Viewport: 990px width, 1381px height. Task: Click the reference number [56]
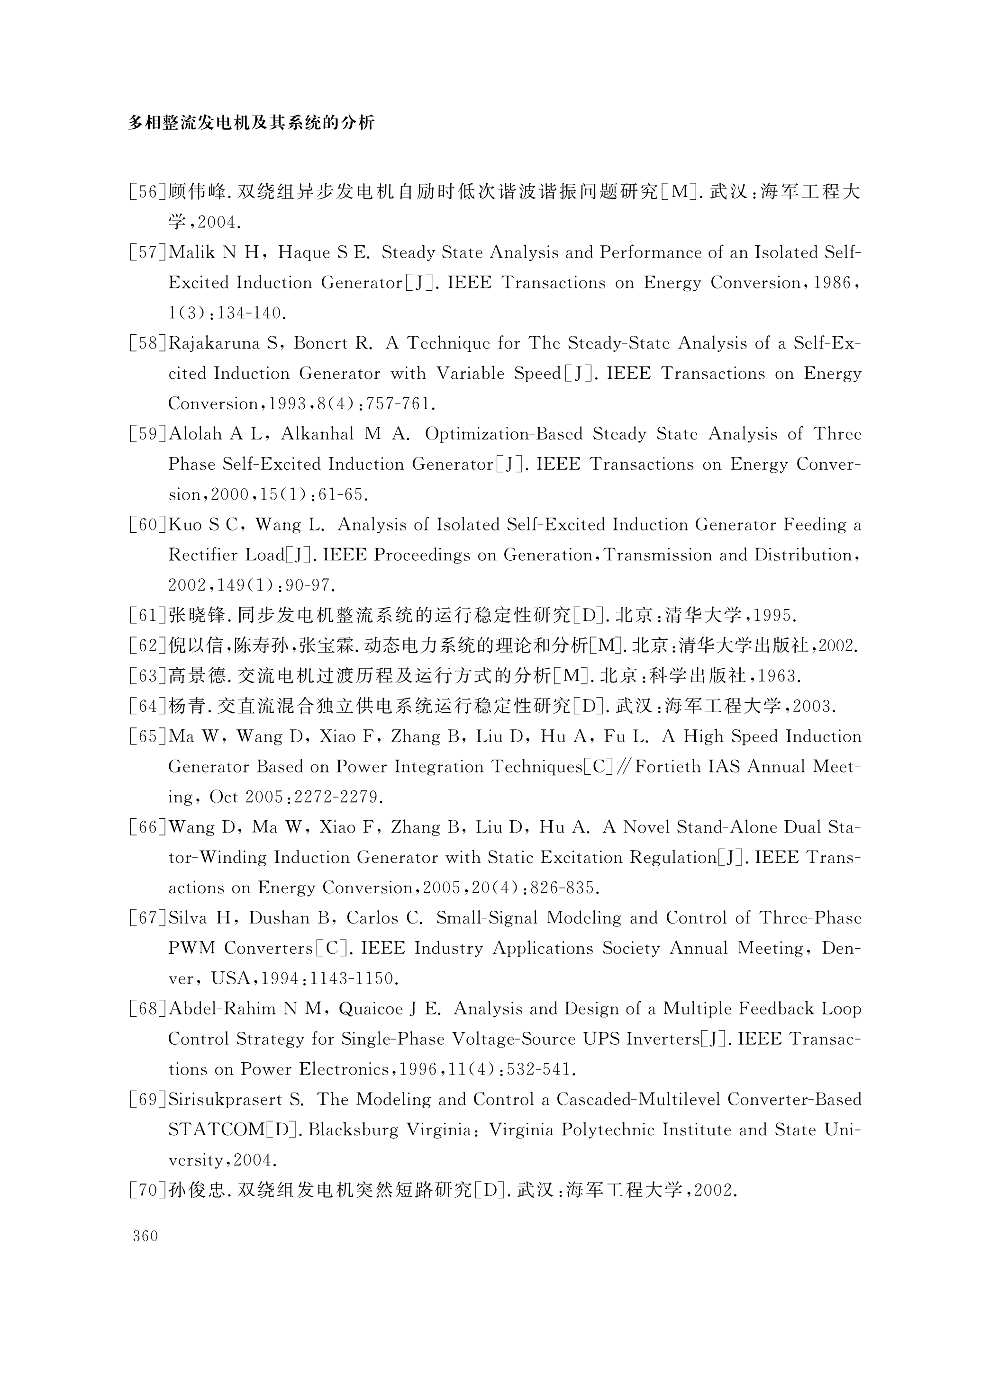pyautogui.click(x=147, y=192)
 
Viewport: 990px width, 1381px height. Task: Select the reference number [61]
pyautogui.click(x=147, y=616)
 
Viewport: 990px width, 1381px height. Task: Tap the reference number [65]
pyautogui.click(x=147, y=737)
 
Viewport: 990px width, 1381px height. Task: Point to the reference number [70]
pyautogui.click(x=147, y=1190)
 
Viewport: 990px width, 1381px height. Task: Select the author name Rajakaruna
pyautogui.click(x=216, y=343)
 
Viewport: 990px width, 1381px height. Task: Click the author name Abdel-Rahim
pyautogui.click(x=222, y=1009)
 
